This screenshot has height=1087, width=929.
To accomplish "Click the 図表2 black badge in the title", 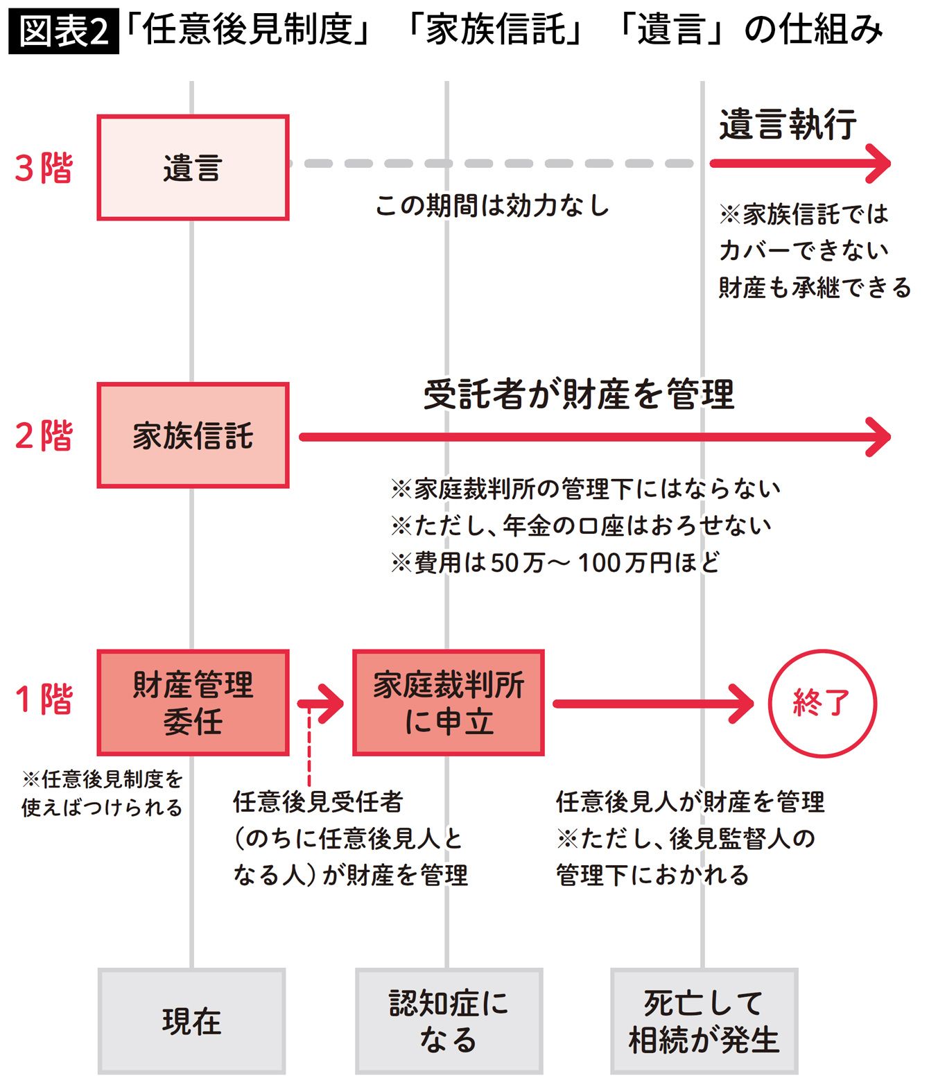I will (x=63, y=31).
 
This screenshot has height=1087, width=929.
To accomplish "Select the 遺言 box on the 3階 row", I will (x=193, y=168).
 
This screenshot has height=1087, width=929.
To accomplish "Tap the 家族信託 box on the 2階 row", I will (x=193, y=435).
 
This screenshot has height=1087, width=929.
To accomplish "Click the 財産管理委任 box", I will (x=193, y=703).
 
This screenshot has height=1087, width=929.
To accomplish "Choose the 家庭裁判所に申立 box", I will (x=449, y=703).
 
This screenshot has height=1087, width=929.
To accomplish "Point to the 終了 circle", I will (x=822, y=703).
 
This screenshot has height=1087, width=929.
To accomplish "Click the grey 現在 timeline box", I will (x=191, y=1021).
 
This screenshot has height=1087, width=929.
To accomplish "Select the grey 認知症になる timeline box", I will (x=449, y=1021).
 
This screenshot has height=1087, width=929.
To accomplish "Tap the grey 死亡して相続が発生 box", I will (x=704, y=1021).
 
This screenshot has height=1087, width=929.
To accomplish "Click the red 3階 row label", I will (x=44, y=168).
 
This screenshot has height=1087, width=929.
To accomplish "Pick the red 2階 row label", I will (x=44, y=435).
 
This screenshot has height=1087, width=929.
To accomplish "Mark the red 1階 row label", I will (x=44, y=699).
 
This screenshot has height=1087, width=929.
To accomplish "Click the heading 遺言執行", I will (x=788, y=125).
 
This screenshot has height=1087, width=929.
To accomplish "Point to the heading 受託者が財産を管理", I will (x=578, y=394).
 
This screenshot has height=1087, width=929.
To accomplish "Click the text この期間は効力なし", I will (x=492, y=205).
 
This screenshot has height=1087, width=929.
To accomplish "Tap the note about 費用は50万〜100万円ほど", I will (x=555, y=562).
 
